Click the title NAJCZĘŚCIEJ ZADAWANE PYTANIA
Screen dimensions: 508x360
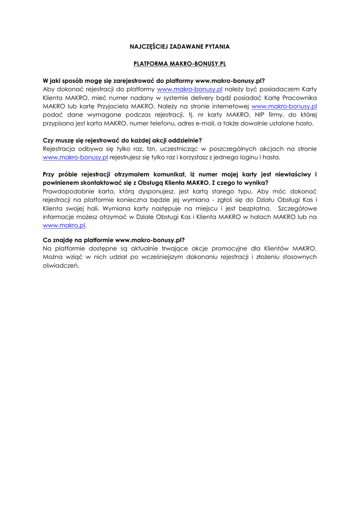pos(180,46)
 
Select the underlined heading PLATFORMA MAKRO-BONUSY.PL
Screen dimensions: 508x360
pos(180,64)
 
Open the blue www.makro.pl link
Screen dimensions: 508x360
pos(64,225)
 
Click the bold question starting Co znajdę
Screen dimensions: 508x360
pos(114,240)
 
